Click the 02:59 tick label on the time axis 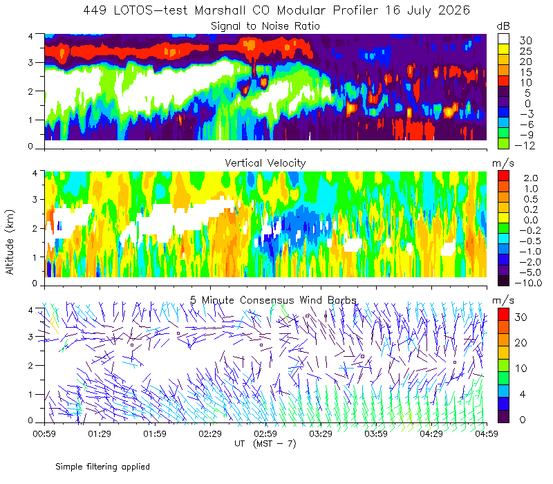(x=265, y=434)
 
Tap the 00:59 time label (x=44, y=434)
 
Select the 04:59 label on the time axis (x=487, y=434)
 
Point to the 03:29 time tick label (x=321, y=434)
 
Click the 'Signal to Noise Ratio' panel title (x=265, y=26)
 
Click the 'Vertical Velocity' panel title (x=265, y=163)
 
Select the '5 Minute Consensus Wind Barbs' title (x=273, y=300)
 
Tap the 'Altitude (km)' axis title (x=10, y=242)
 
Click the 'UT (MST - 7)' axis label (x=265, y=443)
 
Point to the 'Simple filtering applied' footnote (x=102, y=467)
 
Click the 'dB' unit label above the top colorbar (x=503, y=26)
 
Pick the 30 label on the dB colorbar (x=525, y=41)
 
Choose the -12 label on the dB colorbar (x=525, y=145)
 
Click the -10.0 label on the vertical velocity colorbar (x=528, y=283)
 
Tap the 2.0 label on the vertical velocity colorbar (x=531, y=178)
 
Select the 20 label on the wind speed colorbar (x=521, y=342)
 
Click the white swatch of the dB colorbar (x=504, y=39)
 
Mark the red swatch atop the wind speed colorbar (x=504, y=315)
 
